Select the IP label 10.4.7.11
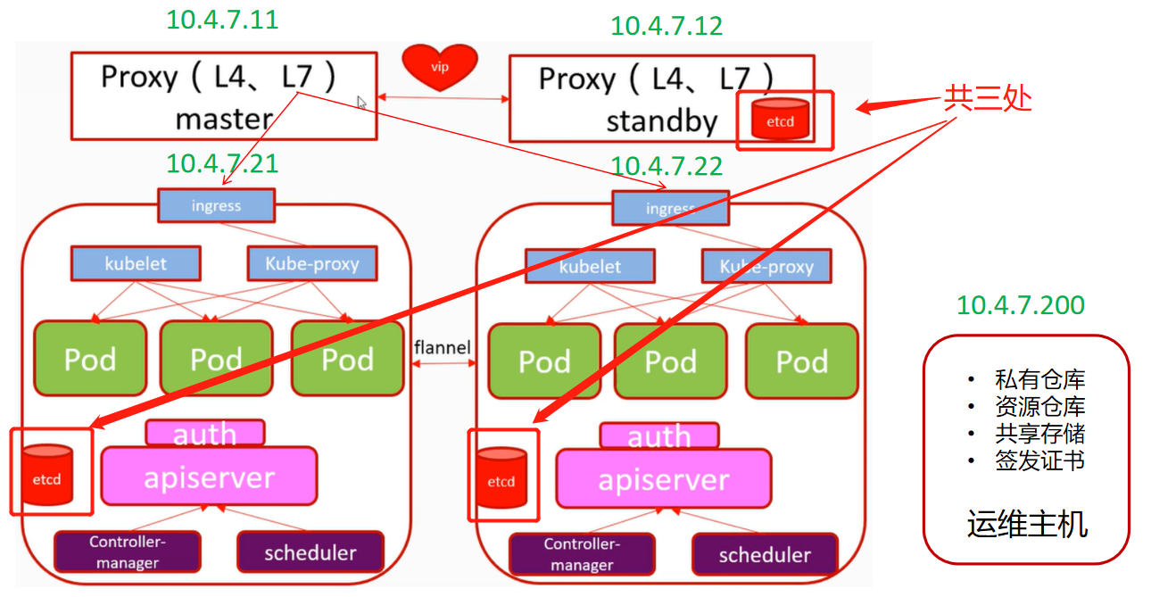(222, 21)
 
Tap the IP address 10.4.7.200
(1021, 305)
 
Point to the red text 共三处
(988, 98)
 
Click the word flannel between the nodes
(442, 347)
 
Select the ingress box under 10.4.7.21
(216, 206)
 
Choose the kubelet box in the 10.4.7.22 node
(589, 266)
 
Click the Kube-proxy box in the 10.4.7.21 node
(311, 264)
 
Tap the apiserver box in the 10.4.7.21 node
(209, 477)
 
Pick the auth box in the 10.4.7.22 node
(658, 435)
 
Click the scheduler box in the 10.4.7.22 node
(765, 554)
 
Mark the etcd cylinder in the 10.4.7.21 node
(47, 474)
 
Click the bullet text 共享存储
(1039, 434)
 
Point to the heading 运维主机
(1026, 524)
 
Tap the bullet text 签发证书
(1039, 461)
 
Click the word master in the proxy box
(223, 118)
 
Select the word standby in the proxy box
(661, 120)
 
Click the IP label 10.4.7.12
(667, 25)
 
